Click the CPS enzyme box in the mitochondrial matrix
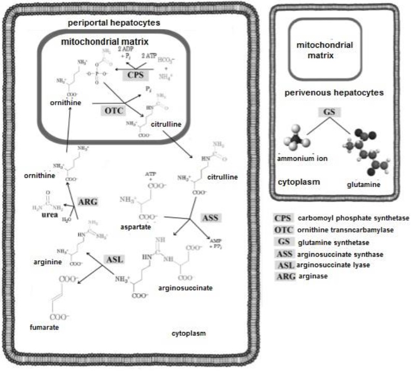click(132, 75)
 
